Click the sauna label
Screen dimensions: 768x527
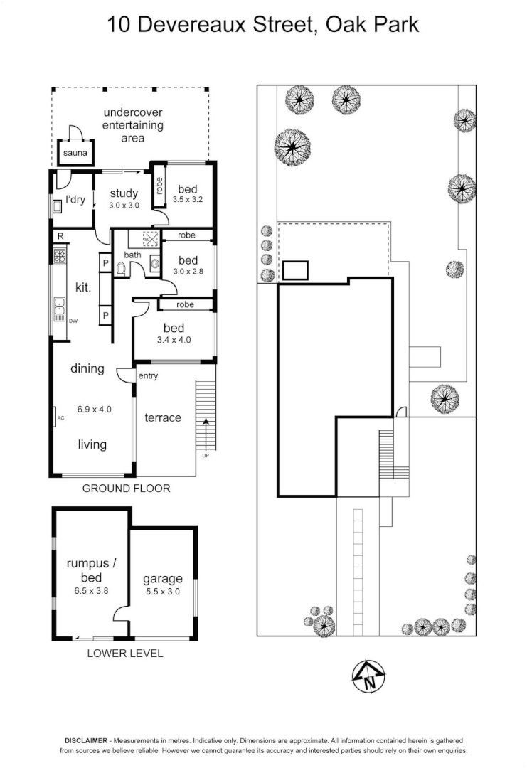coord(75,153)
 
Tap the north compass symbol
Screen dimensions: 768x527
coord(369,677)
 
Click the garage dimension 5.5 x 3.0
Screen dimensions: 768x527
coord(162,591)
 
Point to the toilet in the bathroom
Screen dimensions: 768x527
coord(120,269)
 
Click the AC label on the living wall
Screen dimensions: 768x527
coord(60,418)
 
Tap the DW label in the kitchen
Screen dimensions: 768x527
coord(73,321)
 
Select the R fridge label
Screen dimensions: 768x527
coord(61,236)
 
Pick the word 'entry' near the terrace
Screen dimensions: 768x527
coord(149,375)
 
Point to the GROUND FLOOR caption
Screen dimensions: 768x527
coord(126,489)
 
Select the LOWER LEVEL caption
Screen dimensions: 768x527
coord(124,653)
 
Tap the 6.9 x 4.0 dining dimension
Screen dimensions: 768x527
coord(91,409)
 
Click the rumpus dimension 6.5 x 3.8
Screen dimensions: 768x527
coord(92,590)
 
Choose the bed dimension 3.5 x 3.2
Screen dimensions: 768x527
coord(188,200)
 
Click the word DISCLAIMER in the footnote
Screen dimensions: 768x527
coord(85,740)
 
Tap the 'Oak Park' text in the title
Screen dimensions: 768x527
coord(372,25)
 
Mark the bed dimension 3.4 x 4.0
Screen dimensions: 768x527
coord(174,340)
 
